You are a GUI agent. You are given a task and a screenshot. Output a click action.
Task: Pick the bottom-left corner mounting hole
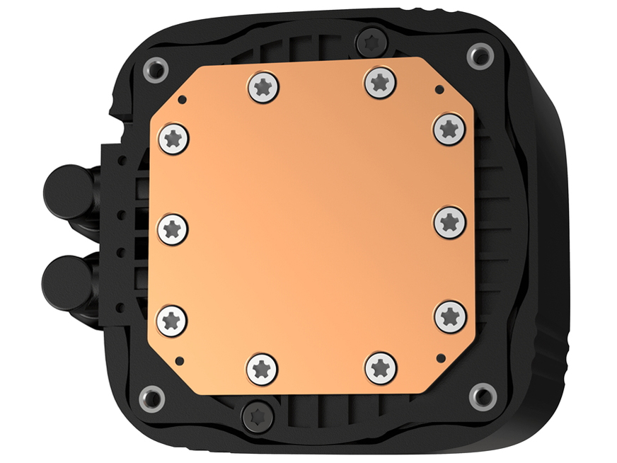coord(151,397)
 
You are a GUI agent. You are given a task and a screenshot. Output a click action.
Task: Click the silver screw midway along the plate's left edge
coord(173,229)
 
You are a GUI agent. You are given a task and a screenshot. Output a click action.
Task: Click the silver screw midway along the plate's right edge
coord(449,222)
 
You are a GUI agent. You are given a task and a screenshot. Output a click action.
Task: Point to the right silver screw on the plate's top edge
coord(381,82)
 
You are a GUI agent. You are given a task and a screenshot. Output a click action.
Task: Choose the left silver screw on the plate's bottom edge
coord(262,369)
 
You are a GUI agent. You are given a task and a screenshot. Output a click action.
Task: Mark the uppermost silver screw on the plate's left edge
coord(173,137)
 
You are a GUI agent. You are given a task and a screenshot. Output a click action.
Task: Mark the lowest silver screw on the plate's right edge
coord(450,316)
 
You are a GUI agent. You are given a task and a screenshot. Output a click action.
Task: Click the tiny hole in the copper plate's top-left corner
coord(182,100)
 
